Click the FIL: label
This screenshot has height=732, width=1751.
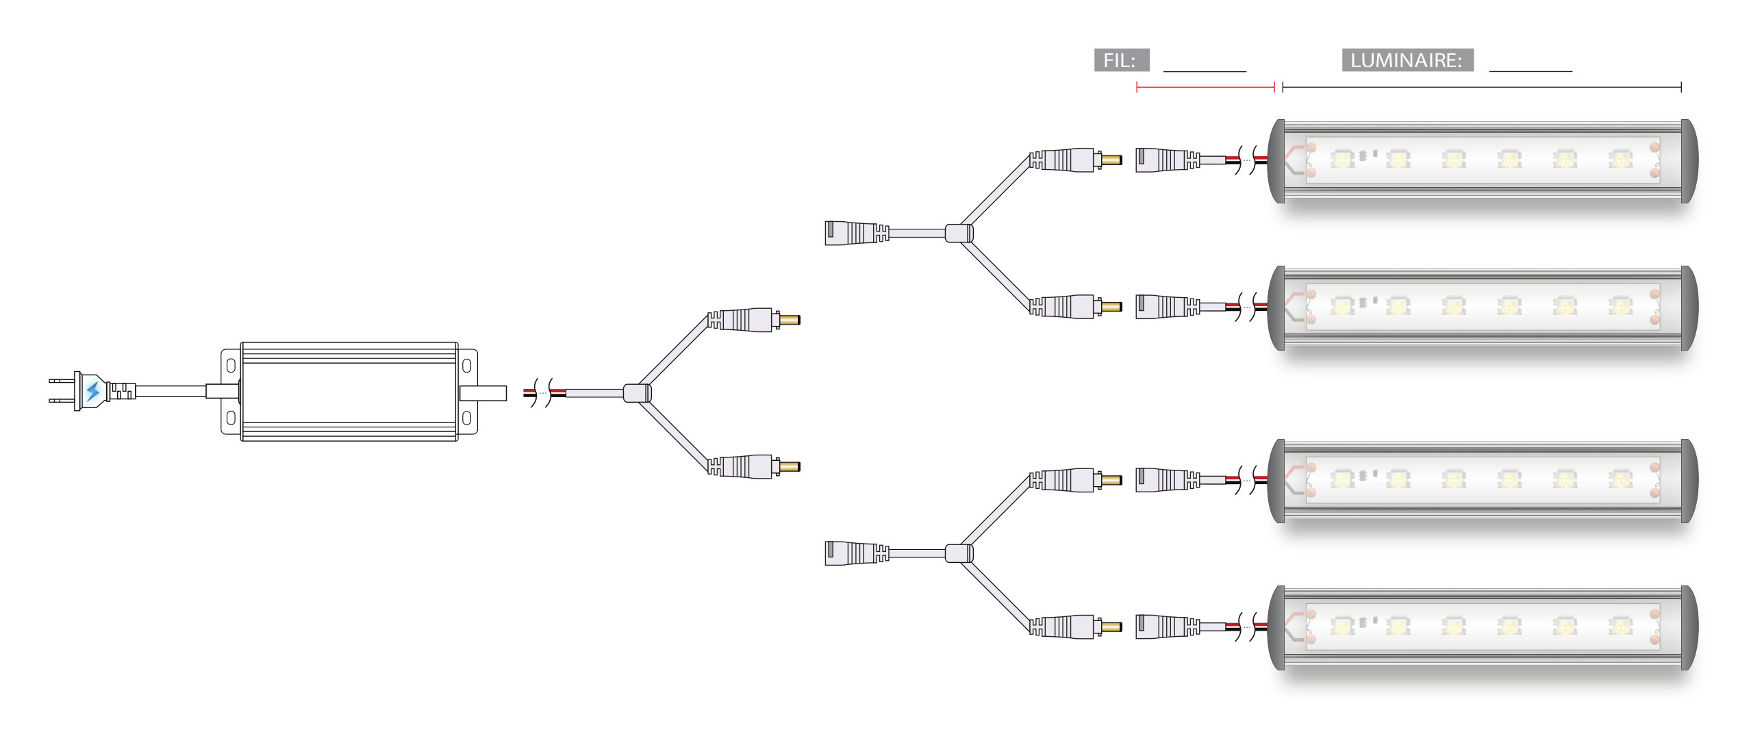tap(1121, 60)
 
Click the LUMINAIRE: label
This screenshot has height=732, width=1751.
tap(1407, 60)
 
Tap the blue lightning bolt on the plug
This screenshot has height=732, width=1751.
tap(92, 391)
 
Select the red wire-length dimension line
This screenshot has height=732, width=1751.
tap(1205, 87)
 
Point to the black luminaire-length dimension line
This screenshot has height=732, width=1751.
tap(1481, 87)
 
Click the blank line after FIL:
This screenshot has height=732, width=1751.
tap(1204, 70)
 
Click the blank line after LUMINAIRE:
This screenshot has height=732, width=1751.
tap(1530, 70)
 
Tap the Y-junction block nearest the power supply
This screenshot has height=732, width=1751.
tap(636, 393)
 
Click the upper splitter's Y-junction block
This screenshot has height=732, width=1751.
tap(959, 233)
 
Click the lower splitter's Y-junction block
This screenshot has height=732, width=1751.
tap(959, 553)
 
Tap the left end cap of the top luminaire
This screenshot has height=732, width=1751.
tap(1276, 161)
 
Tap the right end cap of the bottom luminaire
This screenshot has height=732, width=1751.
tap(1689, 627)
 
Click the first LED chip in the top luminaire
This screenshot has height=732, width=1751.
tap(1341, 160)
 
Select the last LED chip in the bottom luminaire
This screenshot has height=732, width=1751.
tap(1620, 626)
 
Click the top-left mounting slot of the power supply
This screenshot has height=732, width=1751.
tap(231, 365)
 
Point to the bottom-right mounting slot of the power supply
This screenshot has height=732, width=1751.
tap(466, 418)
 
